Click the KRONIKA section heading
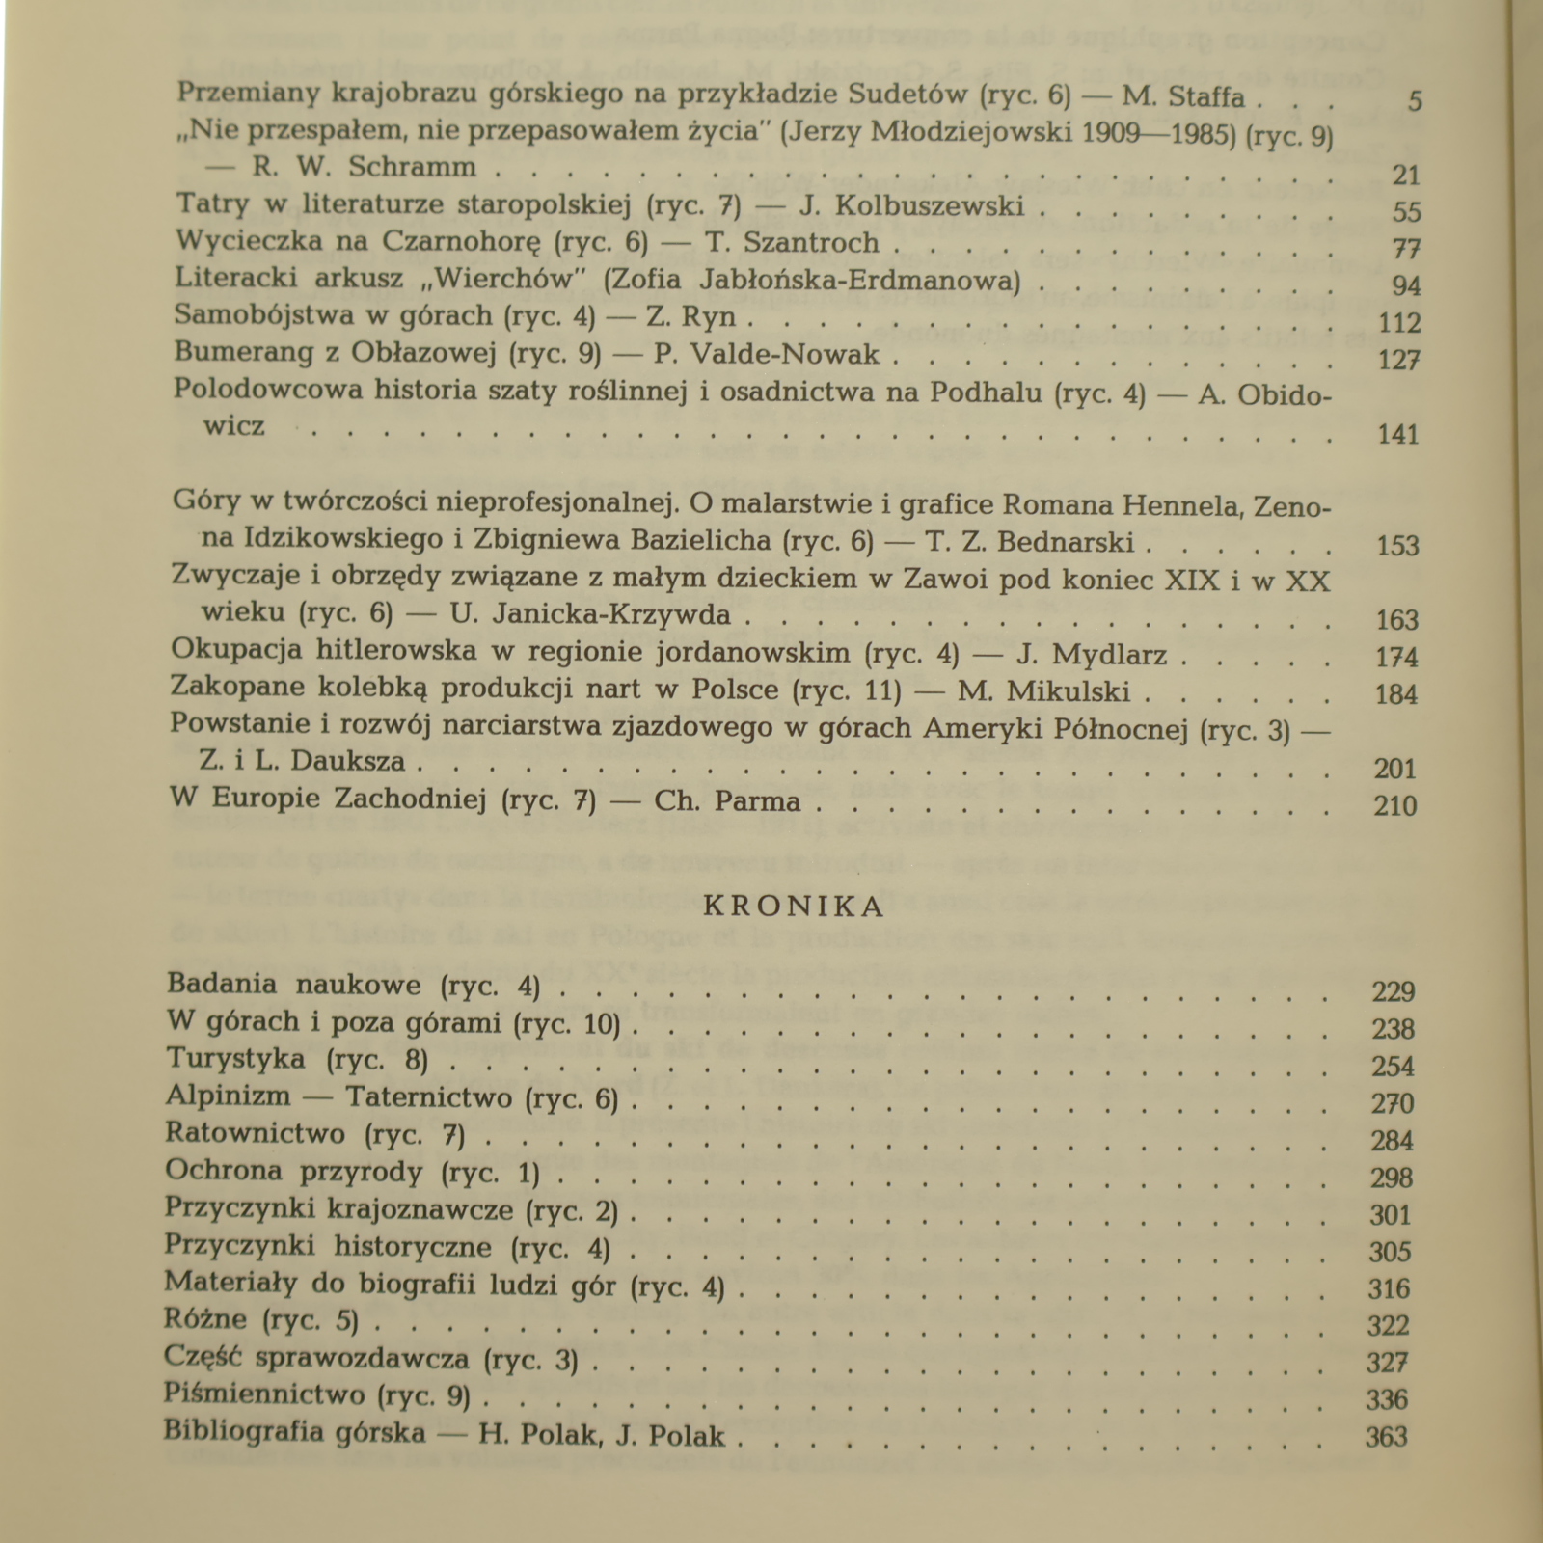coord(794,907)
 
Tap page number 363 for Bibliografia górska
coord(1387,1437)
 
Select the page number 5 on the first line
coord(1415,101)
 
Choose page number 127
coord(1400,360)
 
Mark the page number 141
coord(1398,434)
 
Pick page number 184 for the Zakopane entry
coord(1396,694)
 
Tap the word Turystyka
coord(235,1058)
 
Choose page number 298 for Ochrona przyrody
coord(1392,1178)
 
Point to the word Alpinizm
coord(228,1096)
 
